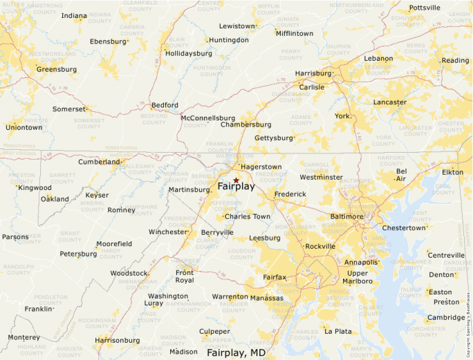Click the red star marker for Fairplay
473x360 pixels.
(x=236, y=180)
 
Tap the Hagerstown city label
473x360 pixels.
(x=261, y=167)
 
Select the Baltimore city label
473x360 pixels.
(x=346, y=216)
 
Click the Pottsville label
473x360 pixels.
(x=425, y=8)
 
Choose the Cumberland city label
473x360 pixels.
(x=99, y=162)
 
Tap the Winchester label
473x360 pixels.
(x=168, y=232)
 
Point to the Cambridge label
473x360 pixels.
(x=446, y=318)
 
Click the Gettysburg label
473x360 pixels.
(x=274, y=138)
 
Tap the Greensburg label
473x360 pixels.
(x=57, y=69)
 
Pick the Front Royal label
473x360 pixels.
(x=185, y=276)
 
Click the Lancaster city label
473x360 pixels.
(x=390, y=102)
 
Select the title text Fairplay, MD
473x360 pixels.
(x=236, y=352)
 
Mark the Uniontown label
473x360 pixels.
(x=24, y=127)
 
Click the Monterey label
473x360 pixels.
(x=24, y=337)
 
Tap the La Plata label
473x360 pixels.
(x=338, y=332)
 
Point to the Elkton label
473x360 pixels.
(x=453, y=172)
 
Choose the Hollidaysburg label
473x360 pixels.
(x=189, y=53)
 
